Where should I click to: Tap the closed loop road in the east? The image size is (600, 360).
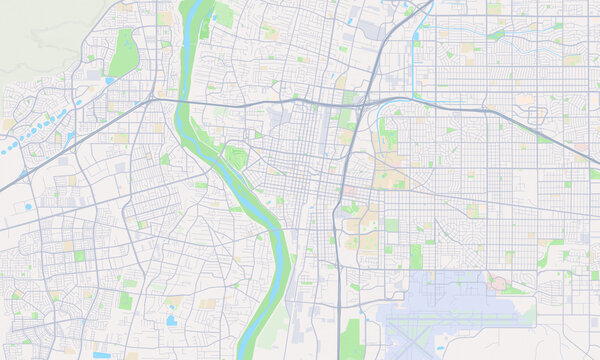pos(497,283)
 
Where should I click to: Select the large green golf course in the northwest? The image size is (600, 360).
pos(124,53)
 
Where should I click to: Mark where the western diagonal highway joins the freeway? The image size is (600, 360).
pos(150,98)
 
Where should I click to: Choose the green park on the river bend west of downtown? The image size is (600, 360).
pos(236,157)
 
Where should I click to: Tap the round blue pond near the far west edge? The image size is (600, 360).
pos(27,206)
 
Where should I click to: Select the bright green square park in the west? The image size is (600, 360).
pos(79,256)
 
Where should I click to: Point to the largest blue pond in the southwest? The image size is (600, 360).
pos(171,321)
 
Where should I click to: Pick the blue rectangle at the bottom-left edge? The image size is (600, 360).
pos(102,355)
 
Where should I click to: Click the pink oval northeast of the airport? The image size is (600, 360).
pos(497,283)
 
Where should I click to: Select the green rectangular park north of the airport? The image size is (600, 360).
pos(415,257)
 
